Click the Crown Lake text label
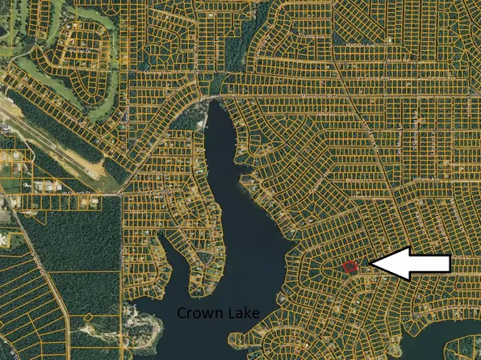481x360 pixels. pyautogui.click(x=219, y=312)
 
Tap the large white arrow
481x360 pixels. pyautogui.click(x=408, y=264)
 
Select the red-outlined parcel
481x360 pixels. pyautogui.click(x=349, y=266)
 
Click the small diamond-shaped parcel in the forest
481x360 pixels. pyautogui.click(x=87, y=318)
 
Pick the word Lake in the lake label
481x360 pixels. pyautogui.click(x=241, y=312)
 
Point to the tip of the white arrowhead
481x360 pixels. pyautogui.click(x=369, y=264)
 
